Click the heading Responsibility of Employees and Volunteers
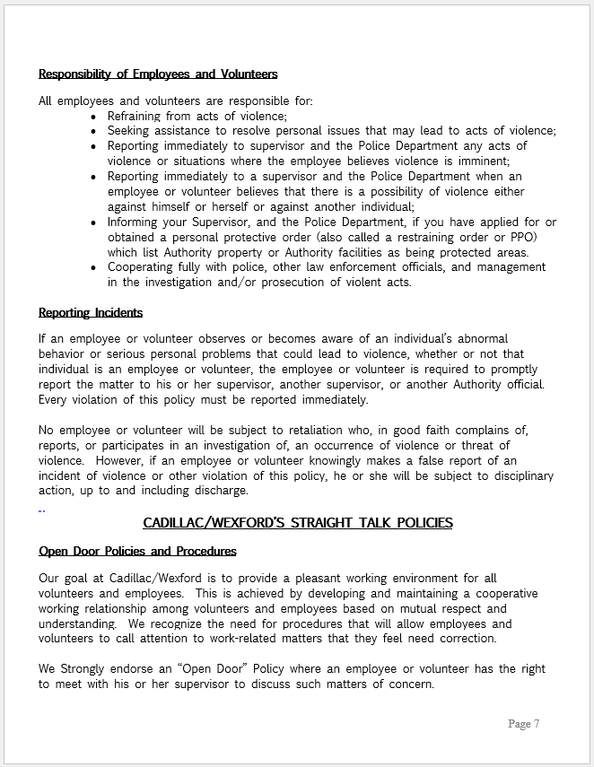(x=158, y=74)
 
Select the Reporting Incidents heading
(x=91, y=312)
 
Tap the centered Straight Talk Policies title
(x=298, y=522)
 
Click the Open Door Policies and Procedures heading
(x=137, y=551)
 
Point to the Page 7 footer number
(x=523, y=724)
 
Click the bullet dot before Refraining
(x=96, y=117)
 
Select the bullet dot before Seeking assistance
(x=96, y=131)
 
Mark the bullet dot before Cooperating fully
(x=96, y=267)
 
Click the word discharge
(x=220, y=490)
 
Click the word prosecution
(x=309, y=282)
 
